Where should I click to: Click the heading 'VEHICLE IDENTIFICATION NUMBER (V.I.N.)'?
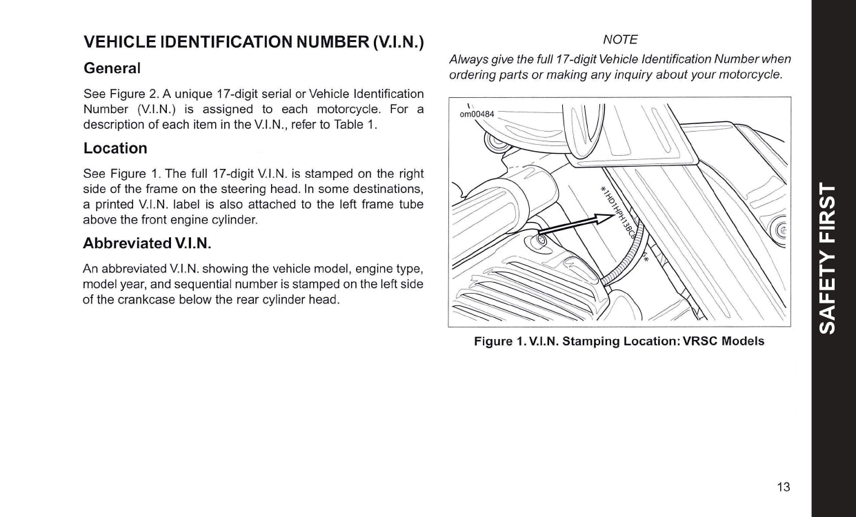pos(253,43)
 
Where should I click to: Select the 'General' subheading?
pos(112,69)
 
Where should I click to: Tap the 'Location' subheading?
pos(115,148)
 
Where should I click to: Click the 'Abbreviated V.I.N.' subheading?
pos(147,243)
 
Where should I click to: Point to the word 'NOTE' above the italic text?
pos(619,40)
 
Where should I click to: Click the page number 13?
pos(783,487)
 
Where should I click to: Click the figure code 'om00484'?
pos(477,114)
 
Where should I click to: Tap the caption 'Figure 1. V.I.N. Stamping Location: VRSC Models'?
pos(619,341)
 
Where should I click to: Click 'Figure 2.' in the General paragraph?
pos(134,94)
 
